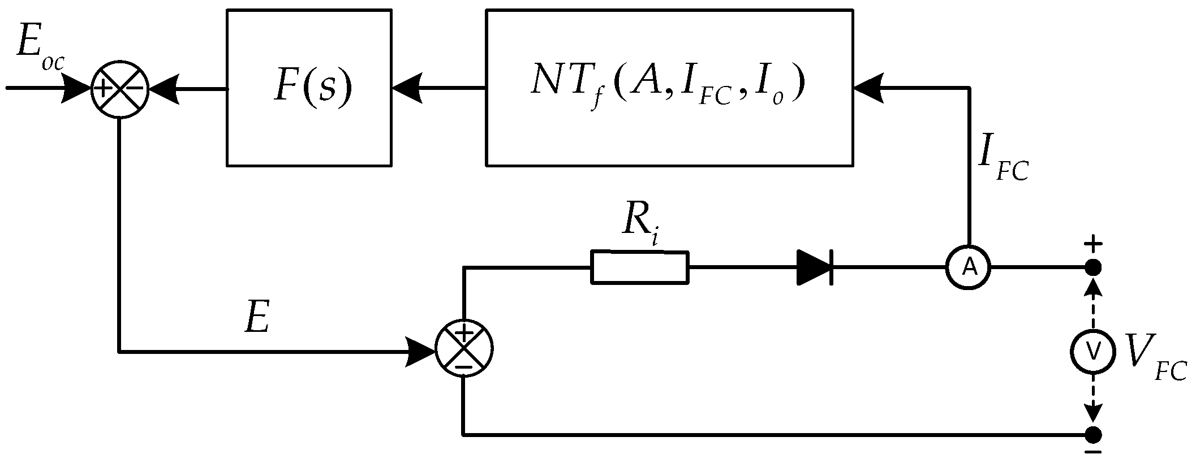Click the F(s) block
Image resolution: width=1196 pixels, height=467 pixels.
pyautogui.click(x=309, y=88)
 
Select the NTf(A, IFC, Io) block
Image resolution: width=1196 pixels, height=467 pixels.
pyautogui.click(x=669, y=88)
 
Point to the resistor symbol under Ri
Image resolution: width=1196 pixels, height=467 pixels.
pyautogui.click(x=640, y=267)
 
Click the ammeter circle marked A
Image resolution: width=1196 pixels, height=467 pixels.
pyautogui.click(x=969, y=267)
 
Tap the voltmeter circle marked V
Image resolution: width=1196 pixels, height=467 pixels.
pyautogui.click(x=1093, y=352)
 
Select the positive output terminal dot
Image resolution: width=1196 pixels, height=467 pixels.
pyautogui.click(x=1093, y=267)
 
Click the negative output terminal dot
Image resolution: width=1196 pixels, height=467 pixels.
pyautogui.click(x=1093, y=434)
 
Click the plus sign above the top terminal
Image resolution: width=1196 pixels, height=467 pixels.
pyautogui.click(x=1093, y=245)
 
